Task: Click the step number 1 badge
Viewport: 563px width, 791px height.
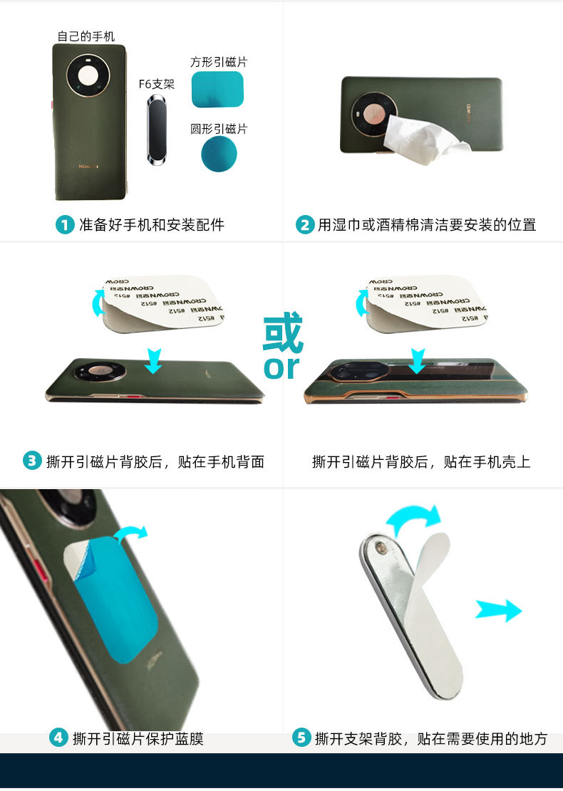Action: click(66, 225)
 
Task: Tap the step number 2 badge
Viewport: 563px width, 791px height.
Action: click(305, 225)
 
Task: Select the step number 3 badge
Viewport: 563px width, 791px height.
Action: click(32, 461)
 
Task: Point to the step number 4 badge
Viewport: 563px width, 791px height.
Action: click(58, 738)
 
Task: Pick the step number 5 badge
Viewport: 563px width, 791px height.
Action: click(301, 738)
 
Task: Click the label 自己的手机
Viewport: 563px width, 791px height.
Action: click(86, 36)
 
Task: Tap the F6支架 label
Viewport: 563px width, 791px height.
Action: click(156, 84)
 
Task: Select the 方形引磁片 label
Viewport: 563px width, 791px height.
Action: click(219, 63)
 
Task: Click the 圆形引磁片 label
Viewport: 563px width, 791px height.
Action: click(219, 129)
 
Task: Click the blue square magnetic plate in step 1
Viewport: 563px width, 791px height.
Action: click(218, 90)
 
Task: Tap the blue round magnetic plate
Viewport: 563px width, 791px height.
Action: click(218, 154)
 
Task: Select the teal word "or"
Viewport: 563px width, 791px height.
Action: click(282, 367)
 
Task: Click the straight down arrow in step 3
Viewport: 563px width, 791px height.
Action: click(153, 360)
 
